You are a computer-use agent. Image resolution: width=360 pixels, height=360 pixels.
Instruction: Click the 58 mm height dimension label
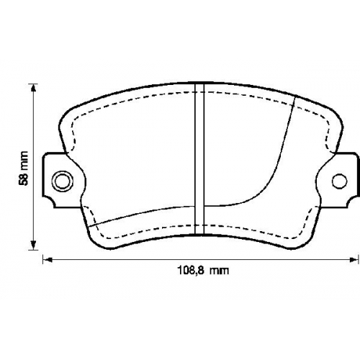coord(24,168)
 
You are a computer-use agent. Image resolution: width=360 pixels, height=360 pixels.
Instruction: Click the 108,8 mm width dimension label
coord(203,271)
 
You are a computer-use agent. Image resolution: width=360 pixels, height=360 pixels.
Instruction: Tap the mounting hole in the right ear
coord(340,181)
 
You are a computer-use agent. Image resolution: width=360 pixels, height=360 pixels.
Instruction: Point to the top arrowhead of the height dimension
coord(34,88)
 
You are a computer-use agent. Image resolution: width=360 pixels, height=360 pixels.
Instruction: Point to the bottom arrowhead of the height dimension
coord(34,246)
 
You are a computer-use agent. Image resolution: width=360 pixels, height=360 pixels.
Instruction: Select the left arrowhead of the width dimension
coord(48,259)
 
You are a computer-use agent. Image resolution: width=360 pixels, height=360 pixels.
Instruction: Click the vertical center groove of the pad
coord(199,158)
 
